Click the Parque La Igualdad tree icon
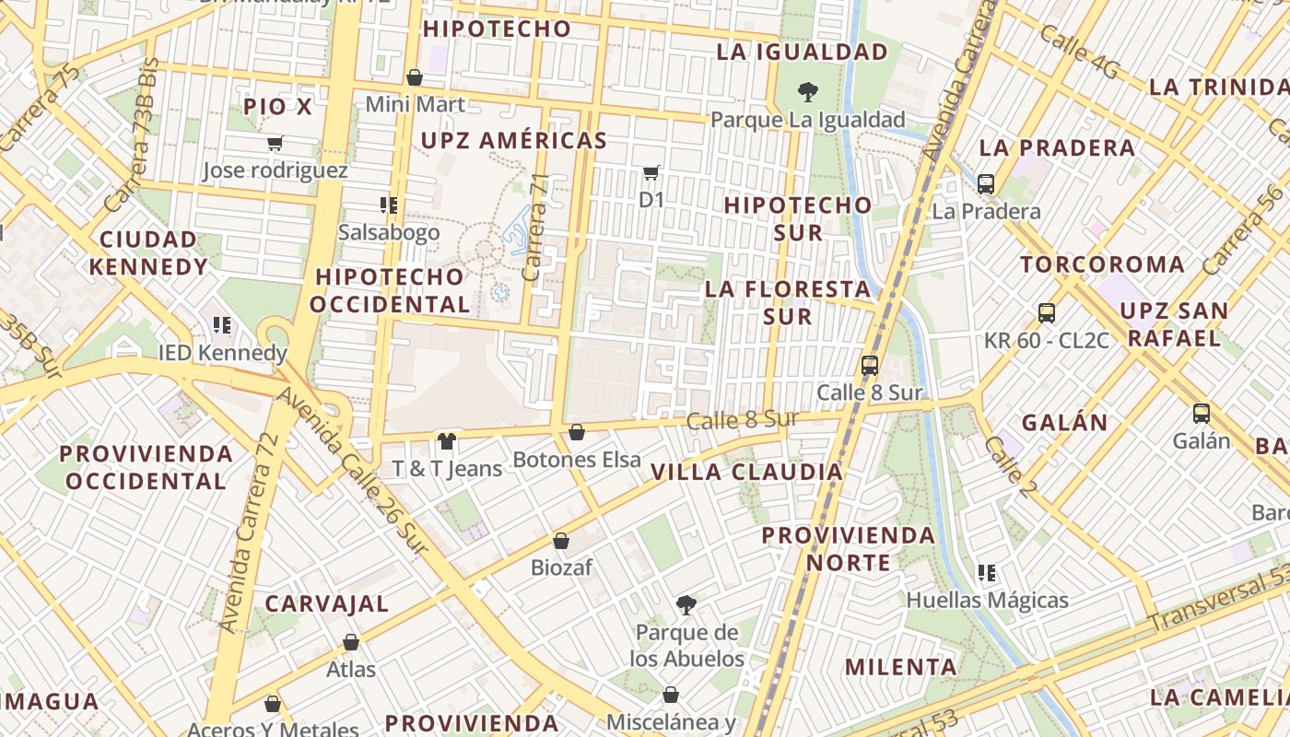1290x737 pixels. tap(808, 91)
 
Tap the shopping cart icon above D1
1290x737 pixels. tap(651, 172)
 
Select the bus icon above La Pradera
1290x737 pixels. tap(986, 183)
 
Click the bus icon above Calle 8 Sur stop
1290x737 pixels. tap(870, 365)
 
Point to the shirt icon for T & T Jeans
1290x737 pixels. tap(447, 440)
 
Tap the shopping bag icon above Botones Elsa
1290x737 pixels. tap(577, 431)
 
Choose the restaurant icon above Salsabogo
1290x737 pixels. tap(388, 205)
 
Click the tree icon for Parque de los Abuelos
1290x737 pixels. tap(686, 604)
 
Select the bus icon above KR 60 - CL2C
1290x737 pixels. tap(1047, 312)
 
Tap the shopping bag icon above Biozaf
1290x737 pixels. tap(561, 540)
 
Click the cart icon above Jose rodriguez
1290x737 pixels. tap(275, 143)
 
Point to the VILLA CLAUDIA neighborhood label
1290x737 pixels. tap(746, 473)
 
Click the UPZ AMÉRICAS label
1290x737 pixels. tap(514, 141)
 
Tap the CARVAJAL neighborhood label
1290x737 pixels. tap(327, 604)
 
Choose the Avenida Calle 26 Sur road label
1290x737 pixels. tap(353, 471)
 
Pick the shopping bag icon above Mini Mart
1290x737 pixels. tap(415, 76)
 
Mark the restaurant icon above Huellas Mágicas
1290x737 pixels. tap(987, 573)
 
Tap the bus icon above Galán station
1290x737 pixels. tap(1201, 414)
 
